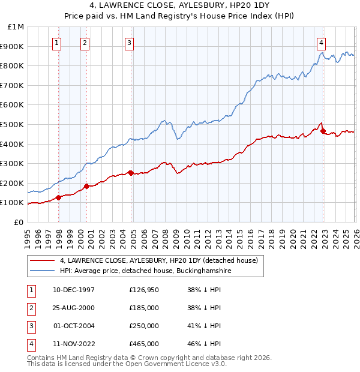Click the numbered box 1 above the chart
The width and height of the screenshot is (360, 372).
pyautogui.click(x=56, y=43)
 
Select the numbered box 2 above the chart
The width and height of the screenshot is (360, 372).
pyautogui.click(x=85, y=43)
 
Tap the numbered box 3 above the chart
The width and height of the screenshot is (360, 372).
pyautogui.click(x=129, y=43)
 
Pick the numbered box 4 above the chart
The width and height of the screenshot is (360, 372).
pyautogui.click(x=322, y=43)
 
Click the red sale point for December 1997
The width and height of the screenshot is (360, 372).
pyautogui.click(x=58, y=197)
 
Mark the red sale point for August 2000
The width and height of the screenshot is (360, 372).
pyautogui.click(x=87, y=186)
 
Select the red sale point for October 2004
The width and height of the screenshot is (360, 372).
pyautogui.click(x=131, y=173)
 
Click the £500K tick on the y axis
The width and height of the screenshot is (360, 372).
pyautogui.click(x=13, y=124)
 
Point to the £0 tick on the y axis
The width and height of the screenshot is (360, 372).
pyautogui.click(x=19, y=222)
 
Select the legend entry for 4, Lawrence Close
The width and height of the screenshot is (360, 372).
pyautogui.click(x=158, y=260)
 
